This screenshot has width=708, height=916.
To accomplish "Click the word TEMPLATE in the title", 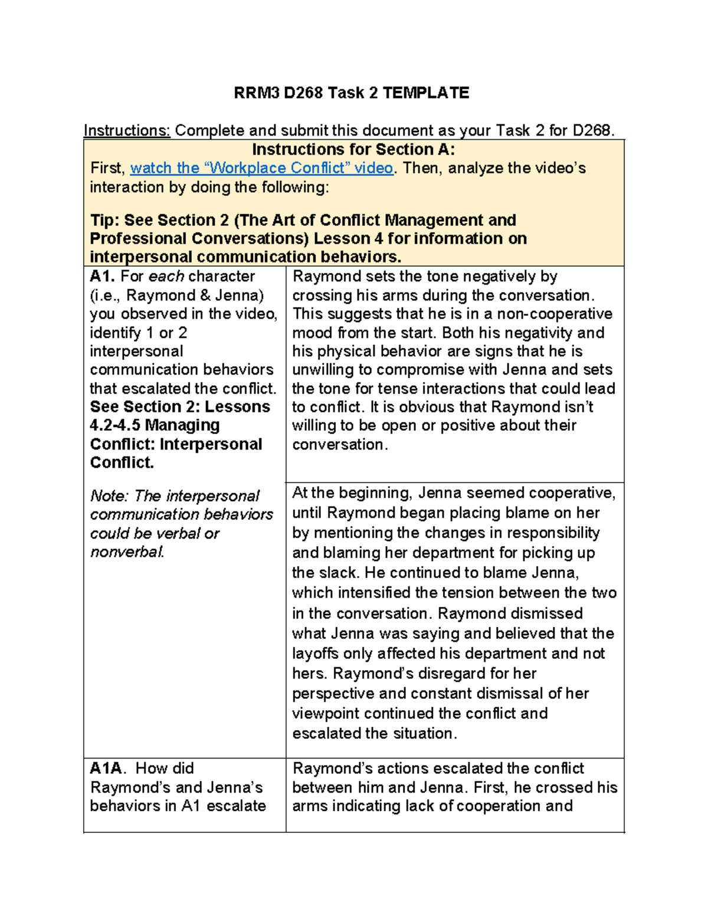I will click(x=425, y=93).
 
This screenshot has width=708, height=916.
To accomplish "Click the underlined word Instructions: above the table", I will click(x=127, y=130).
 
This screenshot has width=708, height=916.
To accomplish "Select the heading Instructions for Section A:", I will click(x=353, y=149).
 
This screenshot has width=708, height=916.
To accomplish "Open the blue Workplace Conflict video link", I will click(x=261, y=168).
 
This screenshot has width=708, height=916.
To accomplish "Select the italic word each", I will click(x=166, y=277).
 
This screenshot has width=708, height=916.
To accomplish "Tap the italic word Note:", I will click(x=109, y=496).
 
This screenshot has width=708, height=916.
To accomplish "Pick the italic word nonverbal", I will click(x=127, y=552).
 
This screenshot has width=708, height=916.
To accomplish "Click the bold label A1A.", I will click(x=106, y=769).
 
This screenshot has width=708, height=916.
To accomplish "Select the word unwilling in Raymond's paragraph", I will click(x=325, y=370).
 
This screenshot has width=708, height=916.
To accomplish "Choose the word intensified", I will click(x=375, y=593).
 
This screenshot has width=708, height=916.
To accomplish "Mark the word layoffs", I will click(x=316, y=654).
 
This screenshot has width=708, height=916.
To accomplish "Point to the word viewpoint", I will click(x=326, y=714).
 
